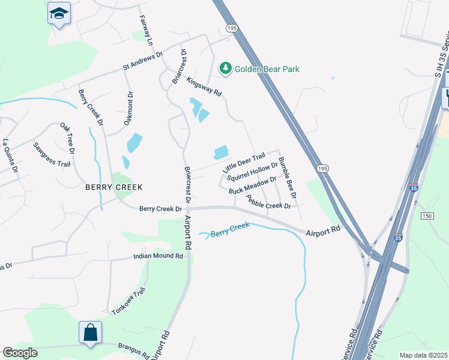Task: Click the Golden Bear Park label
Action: [267, 69]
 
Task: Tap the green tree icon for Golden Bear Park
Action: [226, 69]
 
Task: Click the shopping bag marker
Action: [90, 332]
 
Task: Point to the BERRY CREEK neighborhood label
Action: [113, 187]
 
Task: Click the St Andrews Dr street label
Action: [143, 61]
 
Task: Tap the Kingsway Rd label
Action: [204, 86]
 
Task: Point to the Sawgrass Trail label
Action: [52, 155]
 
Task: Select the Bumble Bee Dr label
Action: [288, 178]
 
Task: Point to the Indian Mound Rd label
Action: [158, 256]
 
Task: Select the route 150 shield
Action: [427, 216]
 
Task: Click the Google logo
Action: [20, 353]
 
